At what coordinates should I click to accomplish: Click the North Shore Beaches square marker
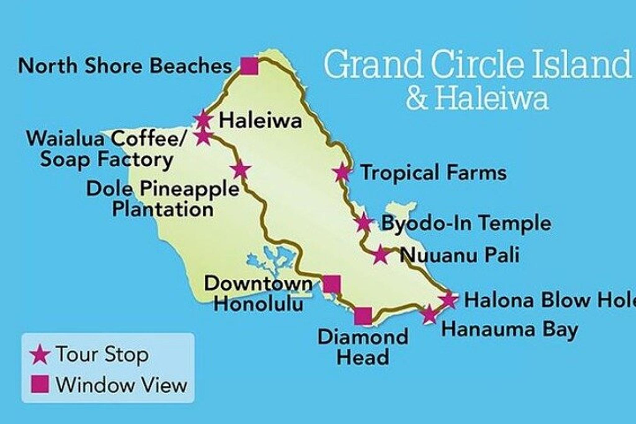(x=250, y=66)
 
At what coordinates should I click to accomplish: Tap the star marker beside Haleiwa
(x=203, y=119)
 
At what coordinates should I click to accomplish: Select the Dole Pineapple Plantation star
(x=240, y=170)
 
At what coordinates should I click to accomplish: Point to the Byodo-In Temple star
(x=363, y=223)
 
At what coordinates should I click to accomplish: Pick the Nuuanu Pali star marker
(x=380, y=255)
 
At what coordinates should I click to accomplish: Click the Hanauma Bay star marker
(x=429, y=315)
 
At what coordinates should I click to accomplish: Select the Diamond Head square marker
(x=363, y=316)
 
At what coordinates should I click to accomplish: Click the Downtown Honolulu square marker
(x=332, y=284)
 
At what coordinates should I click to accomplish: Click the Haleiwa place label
(x=260, y=121)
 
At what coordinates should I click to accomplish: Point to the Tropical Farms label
(x=434, y=172)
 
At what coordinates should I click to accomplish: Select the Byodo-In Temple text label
(x=466, y=223)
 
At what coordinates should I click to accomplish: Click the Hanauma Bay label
(x=509, y=330)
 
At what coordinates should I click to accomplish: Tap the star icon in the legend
(x=40, y=354)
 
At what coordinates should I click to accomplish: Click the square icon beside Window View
(x=40, y=384)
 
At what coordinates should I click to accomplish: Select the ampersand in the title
(x=417, y=98)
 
